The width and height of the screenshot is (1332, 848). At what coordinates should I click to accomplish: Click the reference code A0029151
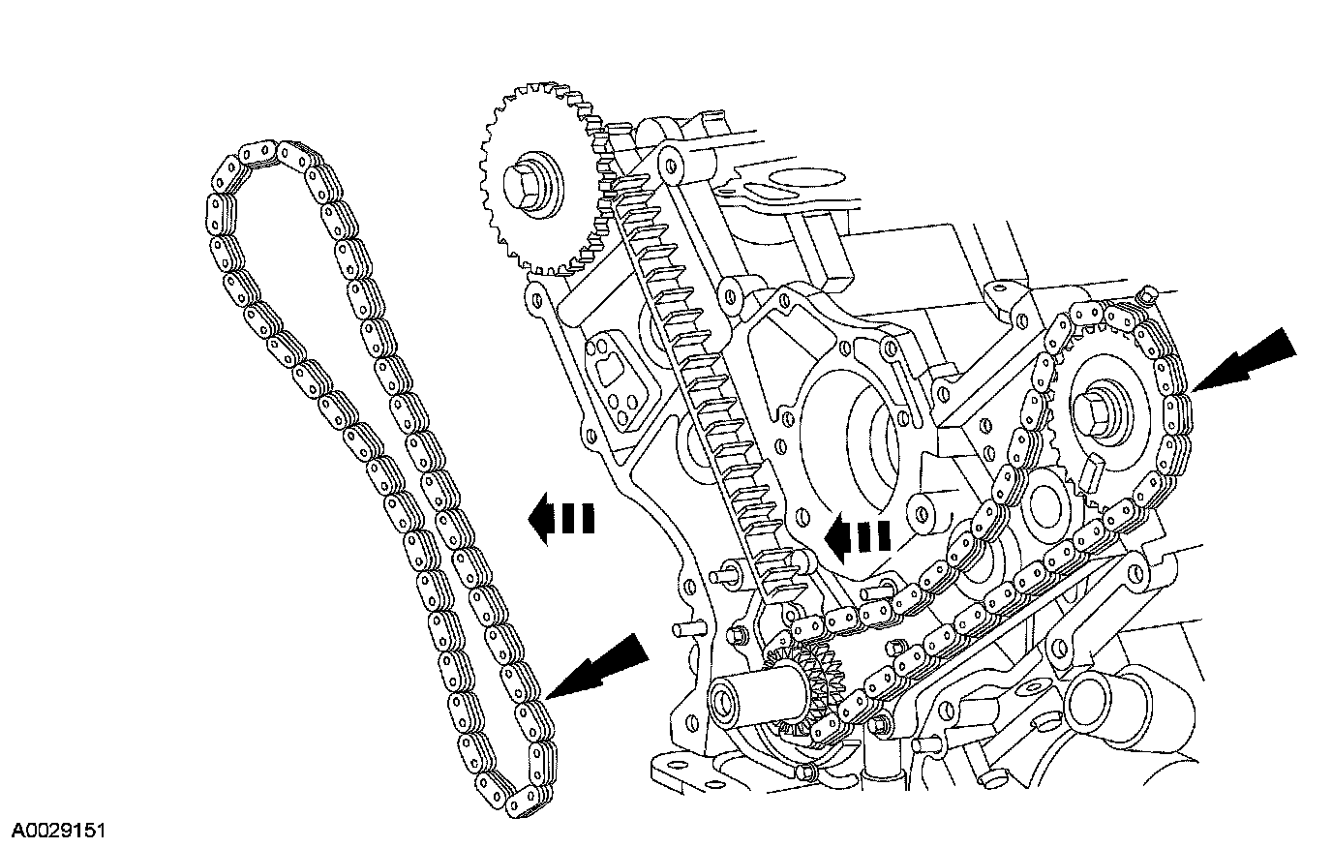58,831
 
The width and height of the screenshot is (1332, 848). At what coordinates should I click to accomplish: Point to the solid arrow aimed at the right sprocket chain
1244,362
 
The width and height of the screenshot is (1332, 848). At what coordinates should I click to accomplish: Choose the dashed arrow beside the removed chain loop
561,520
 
